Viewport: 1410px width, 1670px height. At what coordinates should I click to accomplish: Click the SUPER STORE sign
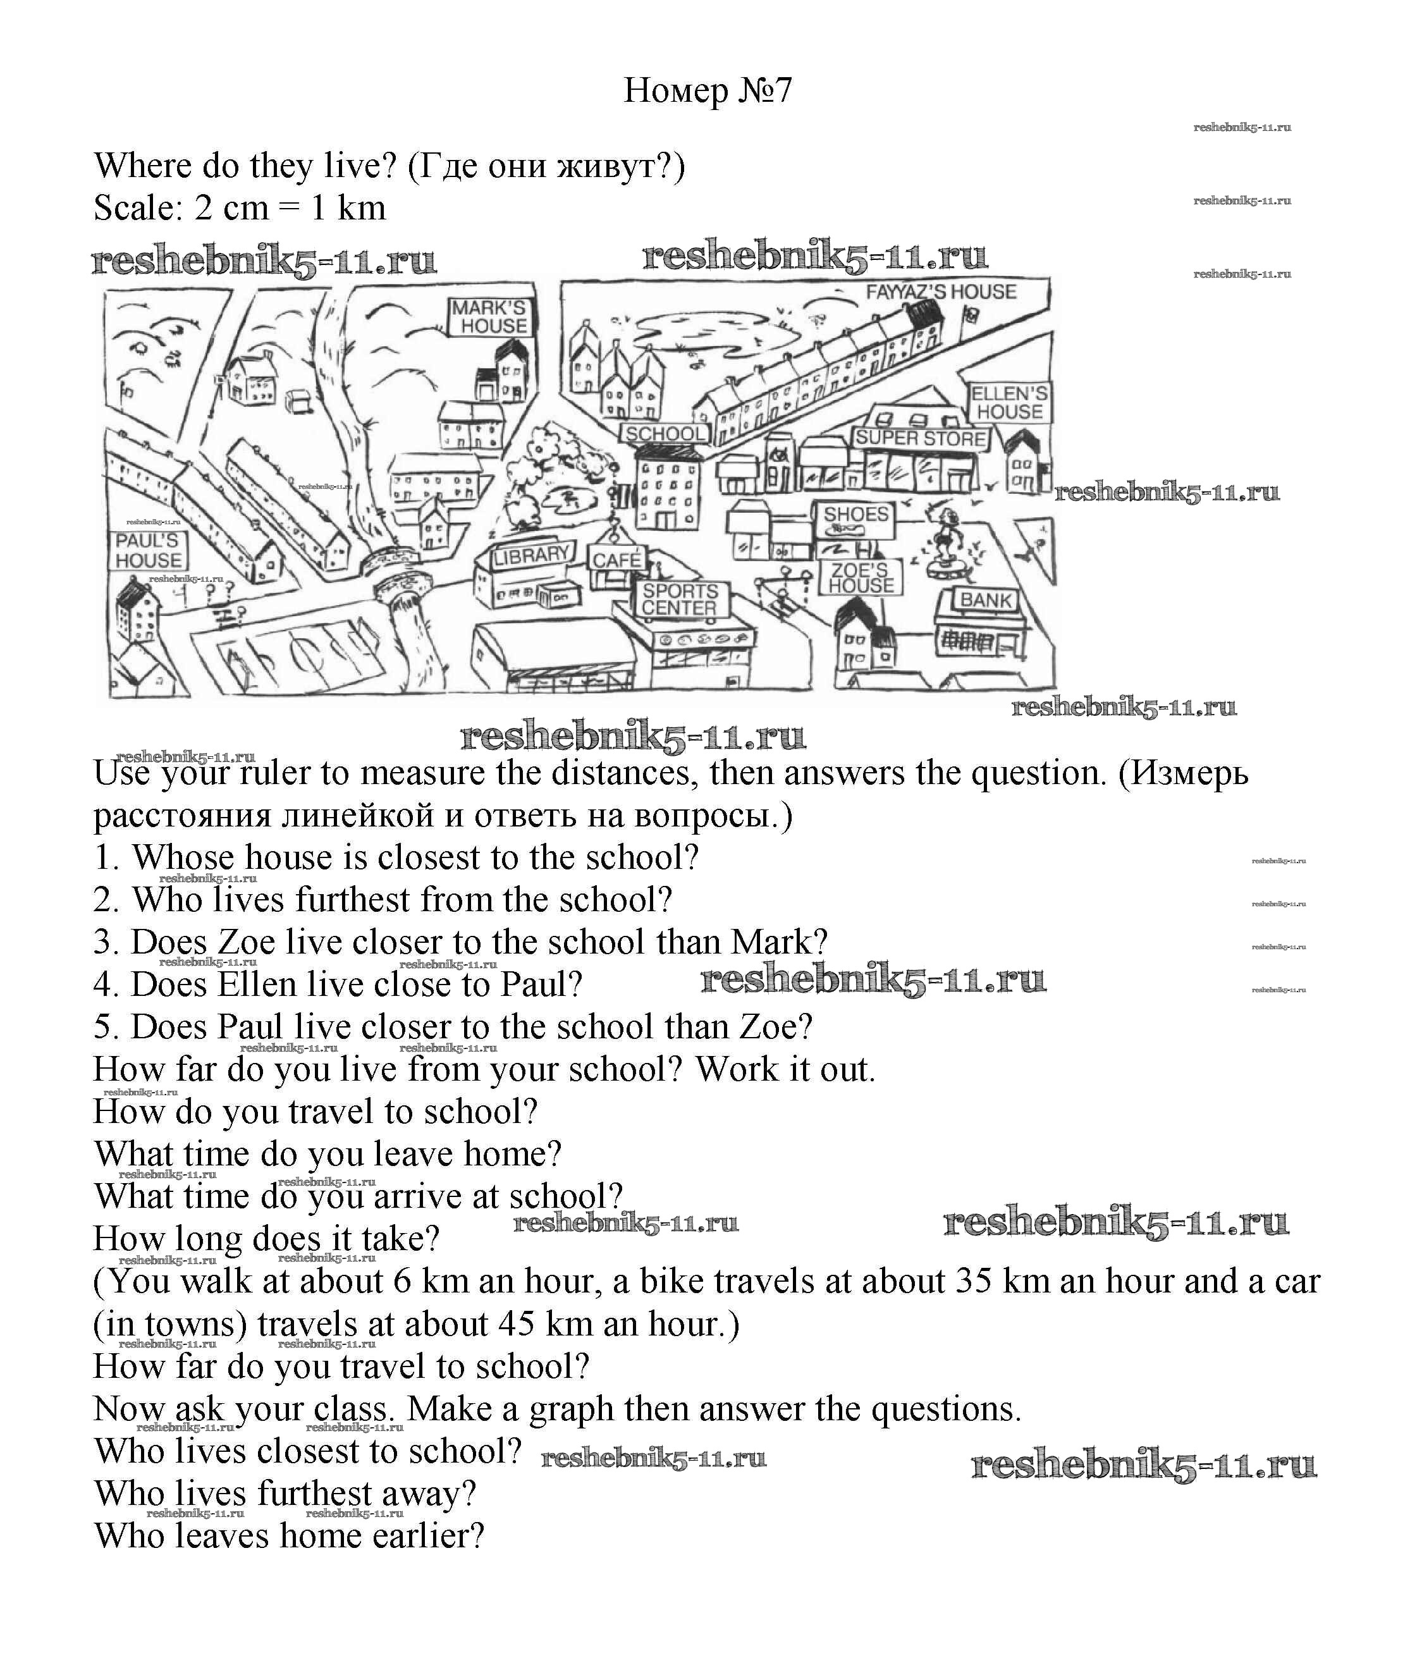pos(920,438)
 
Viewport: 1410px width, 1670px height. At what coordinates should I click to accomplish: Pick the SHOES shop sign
pos(855,514)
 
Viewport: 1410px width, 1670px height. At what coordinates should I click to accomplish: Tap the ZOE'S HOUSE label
pos(860,578)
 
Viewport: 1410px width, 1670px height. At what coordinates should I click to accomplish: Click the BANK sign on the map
pos(986,599)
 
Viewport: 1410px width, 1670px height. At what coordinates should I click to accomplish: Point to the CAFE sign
pos(616,560)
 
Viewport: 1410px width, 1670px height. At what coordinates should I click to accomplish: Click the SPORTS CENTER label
pos(680,599)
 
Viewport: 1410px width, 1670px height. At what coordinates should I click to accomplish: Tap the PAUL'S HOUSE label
pos(148,550)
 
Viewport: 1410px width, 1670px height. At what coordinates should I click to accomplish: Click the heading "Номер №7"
pos(707,90)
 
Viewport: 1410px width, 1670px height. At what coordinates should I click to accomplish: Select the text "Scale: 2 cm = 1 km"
pos(240,209)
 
